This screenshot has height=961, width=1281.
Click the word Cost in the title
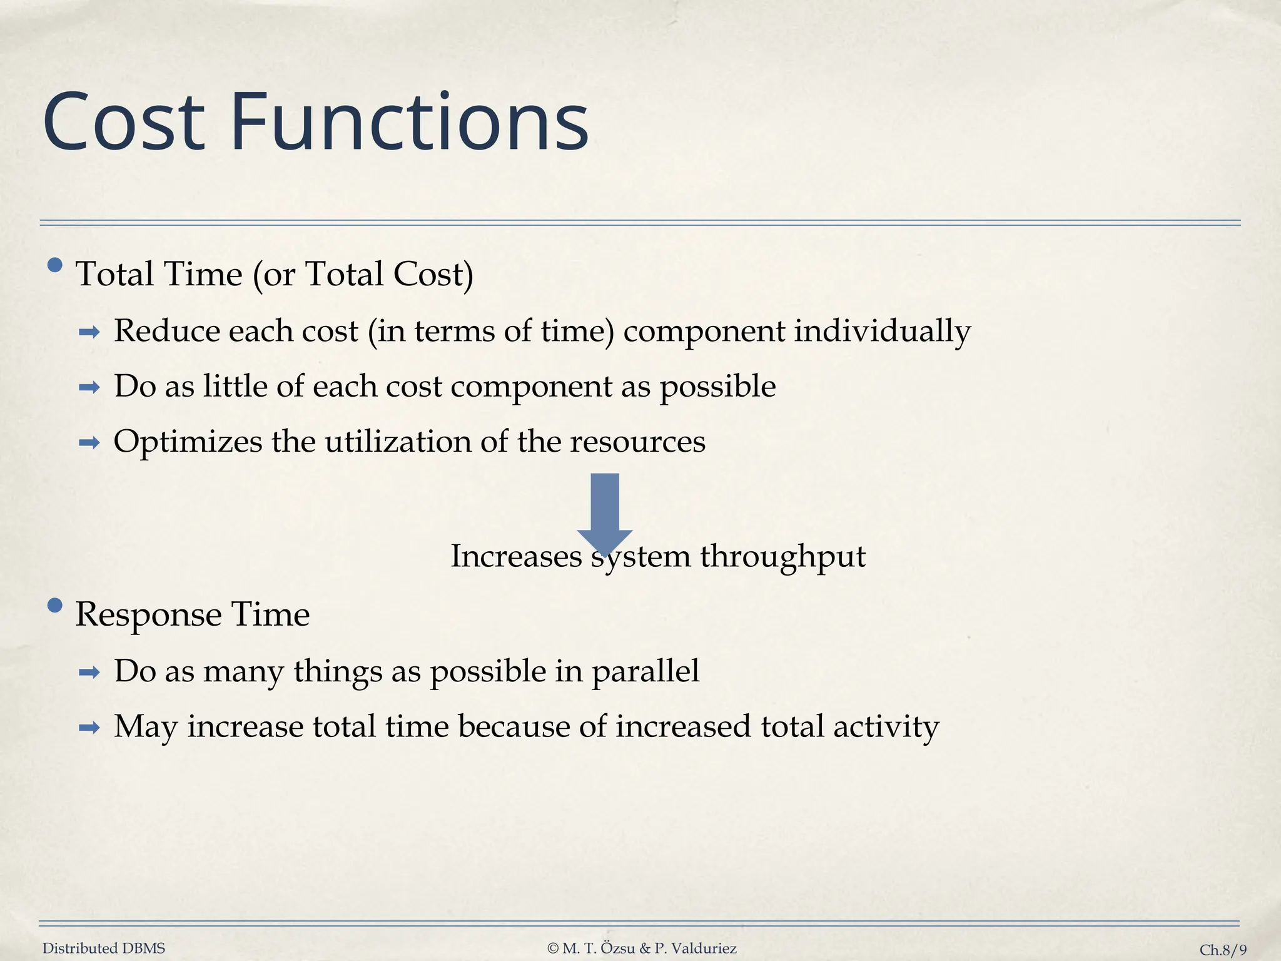tap(124, 123)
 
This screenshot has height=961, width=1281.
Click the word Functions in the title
tap(410, 123)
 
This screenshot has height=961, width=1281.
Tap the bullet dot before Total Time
tap(55, 265)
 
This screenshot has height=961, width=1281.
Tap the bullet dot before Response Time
tap(55, 605)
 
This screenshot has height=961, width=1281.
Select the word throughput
tap(782, 556)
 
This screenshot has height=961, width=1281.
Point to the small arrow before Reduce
tap(89, 332)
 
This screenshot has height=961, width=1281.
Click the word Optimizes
tap(188, 442)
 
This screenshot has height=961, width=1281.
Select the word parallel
tap(645, 671)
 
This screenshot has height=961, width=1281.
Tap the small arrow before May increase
tap(89, 728)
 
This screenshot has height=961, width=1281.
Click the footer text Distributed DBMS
tap(104, 948)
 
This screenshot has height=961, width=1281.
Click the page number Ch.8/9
tap(1222, 950)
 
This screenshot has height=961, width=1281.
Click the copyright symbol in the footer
tap(552, 948)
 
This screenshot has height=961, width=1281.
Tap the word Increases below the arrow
tap(516, 556)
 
